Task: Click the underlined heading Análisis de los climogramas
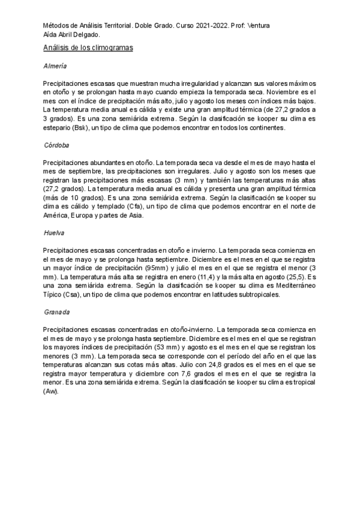pyautogui.click(x=88, y=47)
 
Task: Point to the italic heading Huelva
pyautogui.click(x=54, y=232)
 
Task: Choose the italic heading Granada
pyautogui.click(x=57, y=312)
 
